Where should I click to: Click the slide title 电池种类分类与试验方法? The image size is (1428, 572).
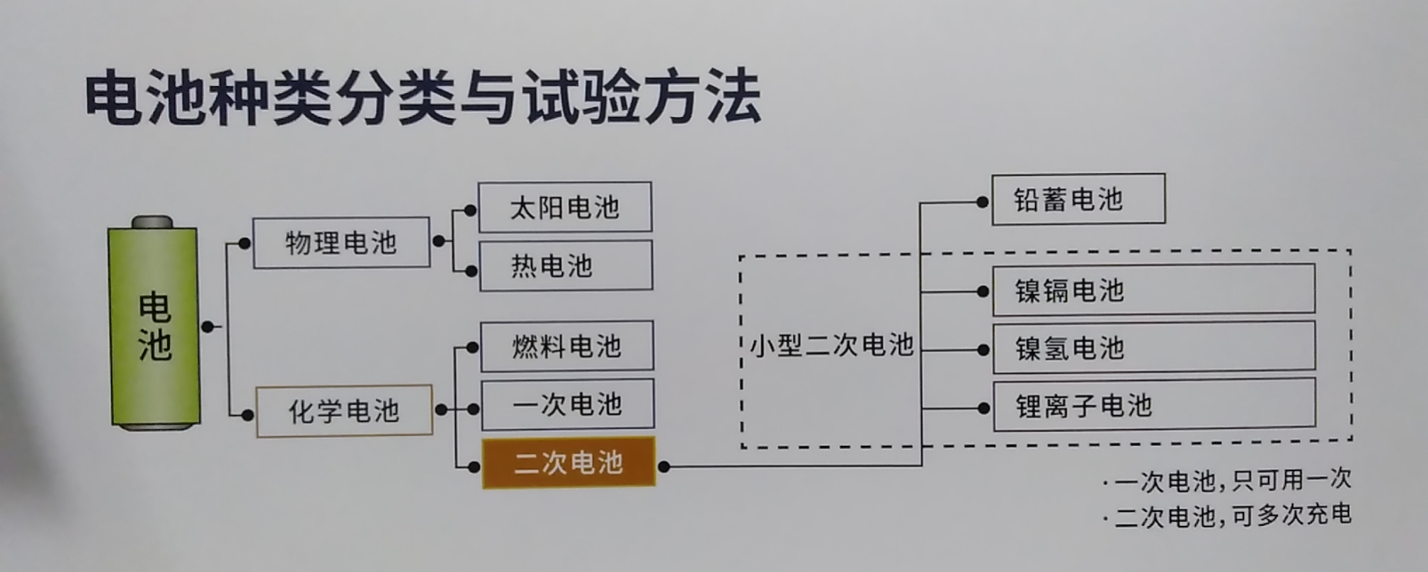tap(423, 98)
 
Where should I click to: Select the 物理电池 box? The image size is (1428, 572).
tap(341, 243)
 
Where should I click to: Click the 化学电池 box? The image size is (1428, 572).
tap(344, 411)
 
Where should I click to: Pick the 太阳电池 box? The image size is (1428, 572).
tap(564, 207)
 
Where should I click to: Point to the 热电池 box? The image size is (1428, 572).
tap(565, 266)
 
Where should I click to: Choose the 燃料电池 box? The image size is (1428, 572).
tap(567, 346)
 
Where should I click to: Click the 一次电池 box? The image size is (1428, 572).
tap(568, 404)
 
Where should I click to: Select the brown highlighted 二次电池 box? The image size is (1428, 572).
tap(568, 463)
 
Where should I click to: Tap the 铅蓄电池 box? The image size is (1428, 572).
tap(1078, 200)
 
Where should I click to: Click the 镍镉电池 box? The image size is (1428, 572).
tap(1153, 291)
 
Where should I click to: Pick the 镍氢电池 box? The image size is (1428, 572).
tap(1153, 349)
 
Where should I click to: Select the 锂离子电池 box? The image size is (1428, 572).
tap(1153, 406)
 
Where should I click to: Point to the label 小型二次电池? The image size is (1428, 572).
tap(831, 346)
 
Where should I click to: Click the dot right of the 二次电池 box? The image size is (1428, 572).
tap(664, 466)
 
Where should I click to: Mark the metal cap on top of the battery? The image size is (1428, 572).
tap(152, 222)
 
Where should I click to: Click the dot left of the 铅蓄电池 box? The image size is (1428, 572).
tap(982, 202)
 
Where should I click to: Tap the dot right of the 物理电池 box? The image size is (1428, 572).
tap(438, 241)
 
